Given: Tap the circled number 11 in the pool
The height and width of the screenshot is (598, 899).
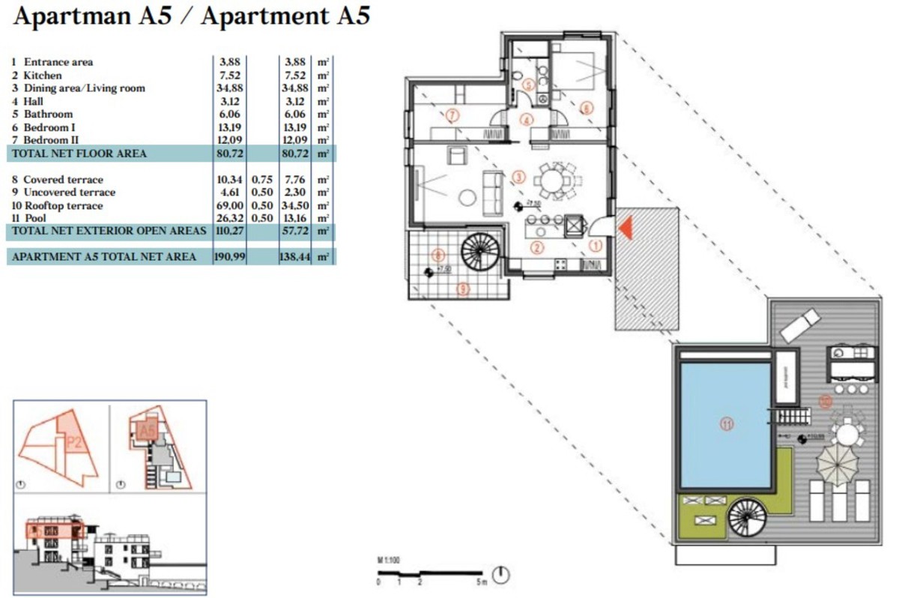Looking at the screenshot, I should pyautogui.click(x=726, y=423).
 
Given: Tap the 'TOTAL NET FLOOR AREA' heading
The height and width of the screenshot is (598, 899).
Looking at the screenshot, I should pyautogui.click(x=78, y=154).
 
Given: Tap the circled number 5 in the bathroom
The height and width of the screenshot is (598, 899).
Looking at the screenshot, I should pyautogui.click(x=528, y=85).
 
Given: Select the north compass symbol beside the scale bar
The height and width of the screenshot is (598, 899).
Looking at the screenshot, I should pyautogui.click(x=503, y=575).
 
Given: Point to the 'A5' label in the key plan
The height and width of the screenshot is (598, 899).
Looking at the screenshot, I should pyautogui.click(x=147, y=431).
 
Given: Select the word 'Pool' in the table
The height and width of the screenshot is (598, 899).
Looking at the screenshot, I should pyautogui.click(x=34, y=218).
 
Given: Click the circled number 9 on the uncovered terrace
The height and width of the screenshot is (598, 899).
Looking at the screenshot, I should pyautogui.click(x=463, y=289).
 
